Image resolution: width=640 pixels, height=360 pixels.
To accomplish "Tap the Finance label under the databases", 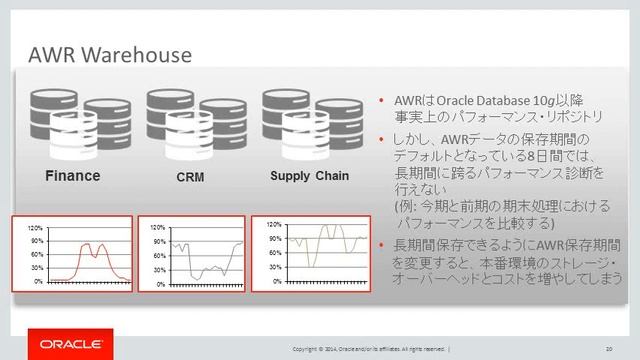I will pos(71,177).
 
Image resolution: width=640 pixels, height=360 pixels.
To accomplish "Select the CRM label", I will pos(176,178).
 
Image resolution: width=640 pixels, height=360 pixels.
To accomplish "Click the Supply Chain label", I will pos(309,177).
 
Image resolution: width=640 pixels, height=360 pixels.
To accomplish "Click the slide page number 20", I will pos(608,347).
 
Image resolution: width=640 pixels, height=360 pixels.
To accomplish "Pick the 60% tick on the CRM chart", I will pos(156,256).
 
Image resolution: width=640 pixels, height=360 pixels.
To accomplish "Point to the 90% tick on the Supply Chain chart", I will pos(274,238).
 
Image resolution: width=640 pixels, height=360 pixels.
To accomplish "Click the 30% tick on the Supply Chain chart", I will pos(274,267).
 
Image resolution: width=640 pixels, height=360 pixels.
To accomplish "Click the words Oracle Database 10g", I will pos(479,102).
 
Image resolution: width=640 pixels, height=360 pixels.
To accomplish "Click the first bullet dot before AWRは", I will pos(383,102).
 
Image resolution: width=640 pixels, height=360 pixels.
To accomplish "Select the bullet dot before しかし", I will pos(383,139).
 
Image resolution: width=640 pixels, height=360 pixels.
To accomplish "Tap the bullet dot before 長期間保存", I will pos(383,245).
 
